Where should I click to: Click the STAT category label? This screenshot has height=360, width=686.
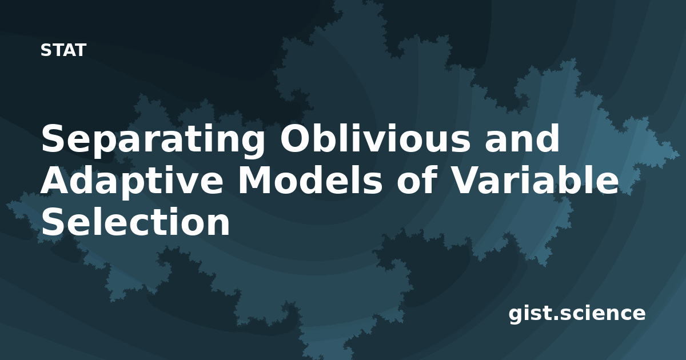point(63,50)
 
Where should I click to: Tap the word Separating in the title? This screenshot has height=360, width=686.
point(153,140)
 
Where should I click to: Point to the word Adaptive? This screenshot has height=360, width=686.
point(132,182)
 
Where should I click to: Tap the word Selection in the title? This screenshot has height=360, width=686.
point(135,221)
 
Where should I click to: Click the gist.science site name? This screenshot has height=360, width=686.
point(577,314)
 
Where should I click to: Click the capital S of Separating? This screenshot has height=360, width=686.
point(54,138)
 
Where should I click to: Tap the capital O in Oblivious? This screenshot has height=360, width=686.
point(295,138)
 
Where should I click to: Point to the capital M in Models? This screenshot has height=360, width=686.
point(256,180)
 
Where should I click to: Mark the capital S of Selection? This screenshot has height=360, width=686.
point(54,221)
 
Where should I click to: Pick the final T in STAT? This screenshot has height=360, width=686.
point(80,50)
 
